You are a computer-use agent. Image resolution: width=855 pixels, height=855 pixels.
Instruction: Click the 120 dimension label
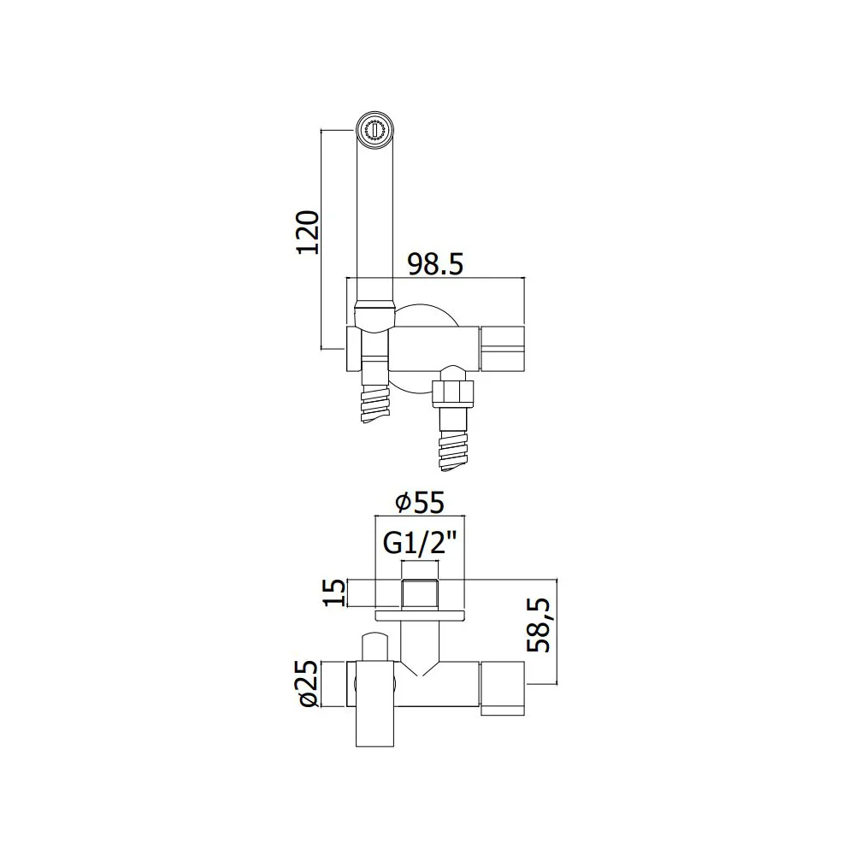[308, 232]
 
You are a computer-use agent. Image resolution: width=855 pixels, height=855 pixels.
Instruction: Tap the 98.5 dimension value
[436, 264]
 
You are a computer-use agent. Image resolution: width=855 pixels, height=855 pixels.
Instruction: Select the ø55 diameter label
[420, 502]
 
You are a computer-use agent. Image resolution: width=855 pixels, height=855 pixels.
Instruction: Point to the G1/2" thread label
[419, 543]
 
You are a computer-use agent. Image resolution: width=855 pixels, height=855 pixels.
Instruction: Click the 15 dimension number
[335, 593]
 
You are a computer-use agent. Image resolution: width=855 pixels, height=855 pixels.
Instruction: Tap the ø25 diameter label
[309, 683]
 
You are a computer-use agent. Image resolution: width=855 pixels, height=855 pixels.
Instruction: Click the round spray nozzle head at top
[374, 130]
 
